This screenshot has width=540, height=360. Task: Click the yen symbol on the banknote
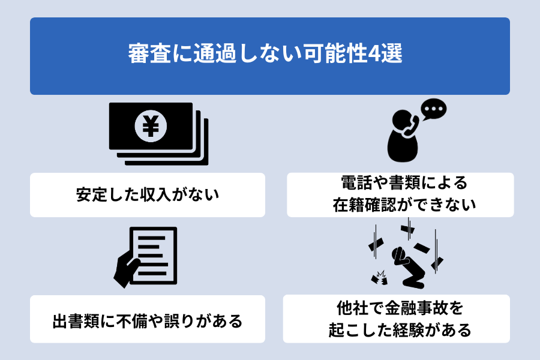[151, 126]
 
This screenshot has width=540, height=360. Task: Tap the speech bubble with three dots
[434, 109]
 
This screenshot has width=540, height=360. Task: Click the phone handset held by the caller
[410, 127]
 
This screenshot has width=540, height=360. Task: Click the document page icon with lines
[153, 256]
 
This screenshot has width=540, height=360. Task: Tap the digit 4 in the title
[374, 54]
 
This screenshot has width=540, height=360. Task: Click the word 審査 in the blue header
[149, 54]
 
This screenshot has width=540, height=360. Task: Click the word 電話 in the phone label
[356, 182]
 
